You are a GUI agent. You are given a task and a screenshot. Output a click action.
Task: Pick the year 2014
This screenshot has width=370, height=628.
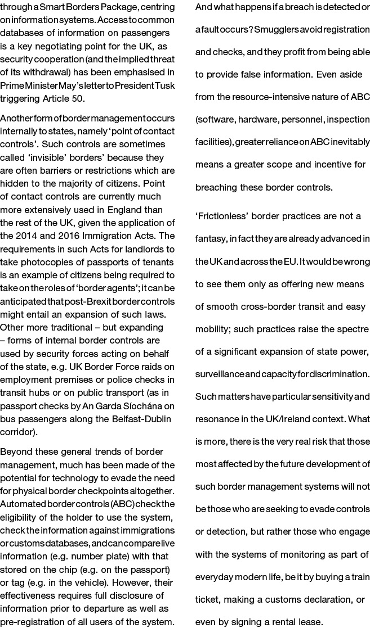tap(40, 235)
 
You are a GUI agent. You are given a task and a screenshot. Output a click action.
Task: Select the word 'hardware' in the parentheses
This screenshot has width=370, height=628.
tap(262, 120)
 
